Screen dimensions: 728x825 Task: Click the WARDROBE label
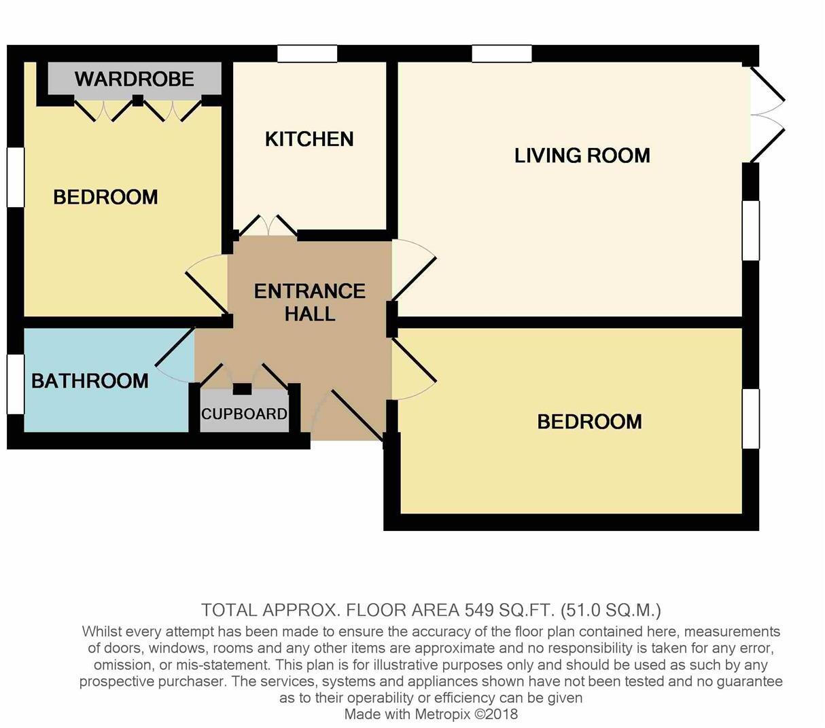134,79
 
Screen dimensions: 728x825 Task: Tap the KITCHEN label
309,139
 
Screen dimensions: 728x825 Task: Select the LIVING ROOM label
582,156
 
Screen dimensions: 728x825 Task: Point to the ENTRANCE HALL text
310,302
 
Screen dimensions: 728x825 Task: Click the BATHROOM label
90,380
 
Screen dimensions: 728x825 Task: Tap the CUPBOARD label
244,414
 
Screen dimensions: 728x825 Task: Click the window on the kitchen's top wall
307,54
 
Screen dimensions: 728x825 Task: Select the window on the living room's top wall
502,54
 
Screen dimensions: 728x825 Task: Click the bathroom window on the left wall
15,384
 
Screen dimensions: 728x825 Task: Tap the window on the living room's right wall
750,231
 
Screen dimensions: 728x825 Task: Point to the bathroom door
175,357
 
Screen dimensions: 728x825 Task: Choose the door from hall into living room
413,269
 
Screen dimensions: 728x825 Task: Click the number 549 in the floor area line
478,609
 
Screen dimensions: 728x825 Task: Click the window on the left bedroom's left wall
15,177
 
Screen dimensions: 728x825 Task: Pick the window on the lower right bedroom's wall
750,418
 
